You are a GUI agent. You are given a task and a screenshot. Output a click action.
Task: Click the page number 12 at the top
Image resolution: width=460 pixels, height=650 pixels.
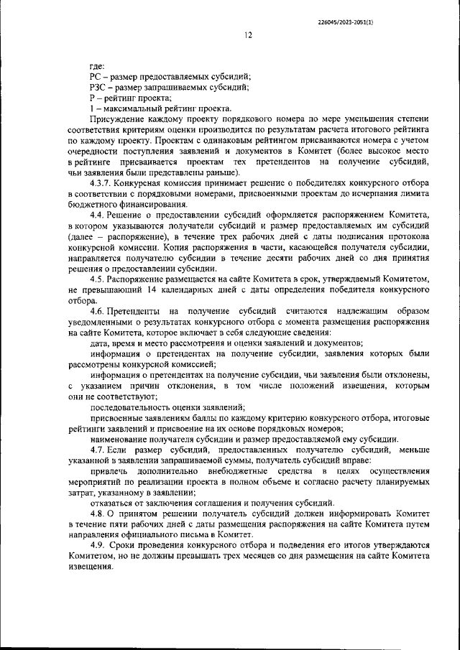tap(247, 35)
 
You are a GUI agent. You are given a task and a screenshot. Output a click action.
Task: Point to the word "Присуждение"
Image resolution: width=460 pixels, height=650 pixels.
tap(117, 118)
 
